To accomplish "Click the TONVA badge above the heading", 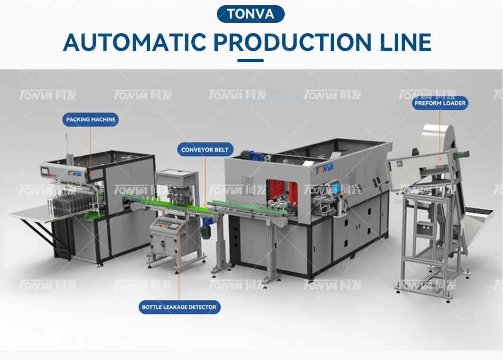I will click(251, 14).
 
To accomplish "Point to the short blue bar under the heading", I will click(250, 61).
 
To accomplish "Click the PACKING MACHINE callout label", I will click(91, 120).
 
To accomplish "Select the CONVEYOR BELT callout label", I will click(205, 150).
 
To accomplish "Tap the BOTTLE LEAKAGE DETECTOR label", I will click(179, 307).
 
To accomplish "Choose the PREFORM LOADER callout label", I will click(440, 103).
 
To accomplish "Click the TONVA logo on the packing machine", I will click(75, 174).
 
